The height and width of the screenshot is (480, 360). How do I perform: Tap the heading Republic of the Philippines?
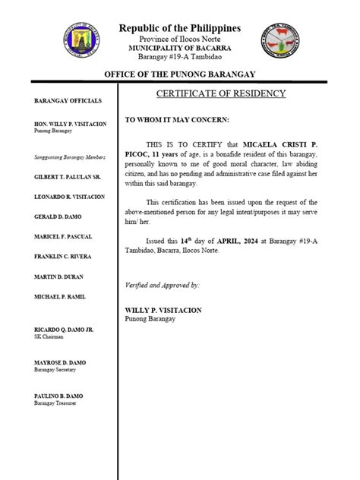180,29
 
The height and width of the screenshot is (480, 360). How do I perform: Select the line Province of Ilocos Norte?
180,39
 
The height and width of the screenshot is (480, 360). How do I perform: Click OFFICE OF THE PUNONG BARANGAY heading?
180,74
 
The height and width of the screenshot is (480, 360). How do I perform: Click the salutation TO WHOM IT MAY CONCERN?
176,121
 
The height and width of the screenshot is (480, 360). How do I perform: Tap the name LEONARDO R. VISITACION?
70,197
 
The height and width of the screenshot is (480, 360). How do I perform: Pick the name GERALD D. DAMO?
55,216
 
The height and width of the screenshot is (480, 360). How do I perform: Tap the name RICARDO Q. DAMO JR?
63,329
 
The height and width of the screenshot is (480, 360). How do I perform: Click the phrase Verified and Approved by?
162,285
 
